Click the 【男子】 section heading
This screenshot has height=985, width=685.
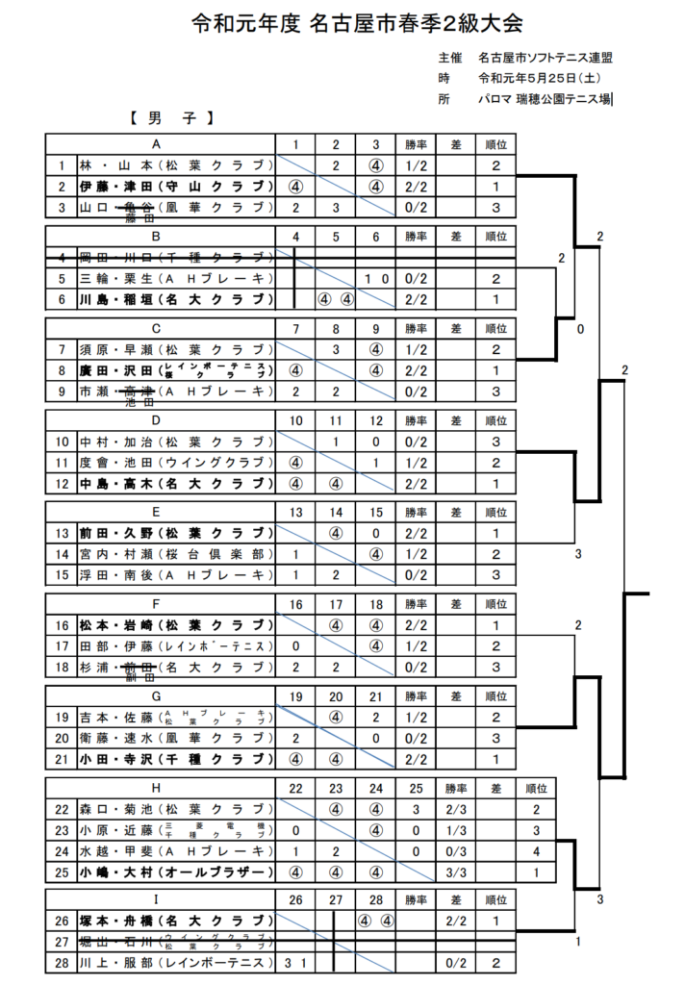(169, 120)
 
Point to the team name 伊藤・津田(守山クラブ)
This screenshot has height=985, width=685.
(173, 186)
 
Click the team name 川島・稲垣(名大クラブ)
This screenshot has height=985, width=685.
(173, 299)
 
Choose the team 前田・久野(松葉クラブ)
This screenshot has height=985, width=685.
(173, 532)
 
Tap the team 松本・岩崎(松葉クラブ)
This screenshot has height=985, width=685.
(173, 624)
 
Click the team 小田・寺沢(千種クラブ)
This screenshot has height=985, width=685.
(173, 758)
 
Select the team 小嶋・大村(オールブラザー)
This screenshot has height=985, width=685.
(173, 871)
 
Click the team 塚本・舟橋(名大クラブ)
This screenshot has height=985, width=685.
(173, 921)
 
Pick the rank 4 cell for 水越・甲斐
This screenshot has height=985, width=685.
(536, 851)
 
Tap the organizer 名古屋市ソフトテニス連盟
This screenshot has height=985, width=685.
(545, 58)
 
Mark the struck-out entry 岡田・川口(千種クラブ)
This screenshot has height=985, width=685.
(173, 257)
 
